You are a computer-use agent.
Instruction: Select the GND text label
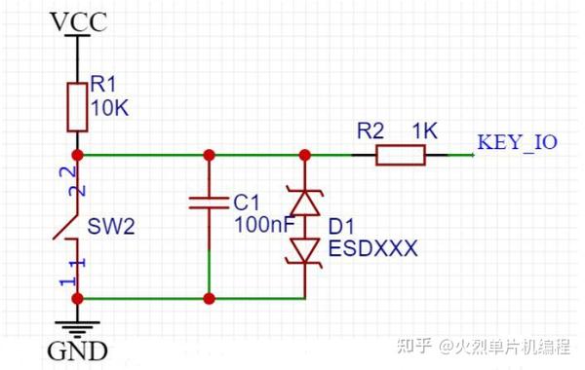77,351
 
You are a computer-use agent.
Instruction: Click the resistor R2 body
401,154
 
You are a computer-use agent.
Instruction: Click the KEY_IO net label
517,142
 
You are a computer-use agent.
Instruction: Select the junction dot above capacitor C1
210,154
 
